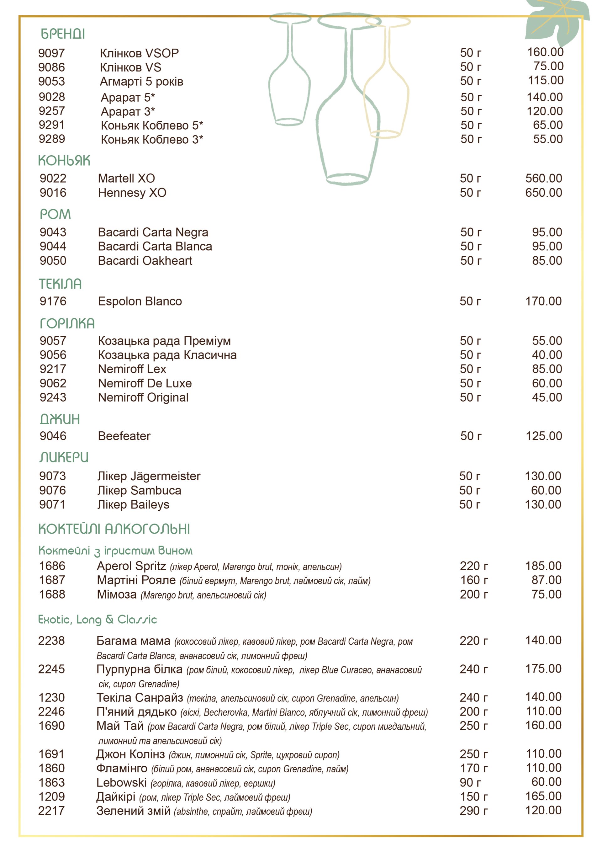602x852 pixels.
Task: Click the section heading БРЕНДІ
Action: point(63,34)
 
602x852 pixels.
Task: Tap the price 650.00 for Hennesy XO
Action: point(543,193)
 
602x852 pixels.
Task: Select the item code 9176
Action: point(53,301)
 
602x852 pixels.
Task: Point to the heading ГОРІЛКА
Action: point(67,324)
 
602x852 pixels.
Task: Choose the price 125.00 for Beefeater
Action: point(543,436)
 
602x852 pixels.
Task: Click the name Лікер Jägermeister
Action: point(149,476)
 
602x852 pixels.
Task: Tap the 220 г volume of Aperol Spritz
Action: point(474,566)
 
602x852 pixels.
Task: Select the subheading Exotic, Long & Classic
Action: point(98,619)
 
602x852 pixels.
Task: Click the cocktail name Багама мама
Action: point(133,641)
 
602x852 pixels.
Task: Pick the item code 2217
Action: point(51,811)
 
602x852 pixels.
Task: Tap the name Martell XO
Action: point(126,178)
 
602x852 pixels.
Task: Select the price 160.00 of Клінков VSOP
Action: point(545,52)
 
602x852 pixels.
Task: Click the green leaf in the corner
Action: point(556,22)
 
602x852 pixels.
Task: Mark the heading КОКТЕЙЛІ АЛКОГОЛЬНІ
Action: point(114,529)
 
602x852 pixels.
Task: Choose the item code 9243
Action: point(53,397)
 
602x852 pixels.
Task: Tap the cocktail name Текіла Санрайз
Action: point(140,697)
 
